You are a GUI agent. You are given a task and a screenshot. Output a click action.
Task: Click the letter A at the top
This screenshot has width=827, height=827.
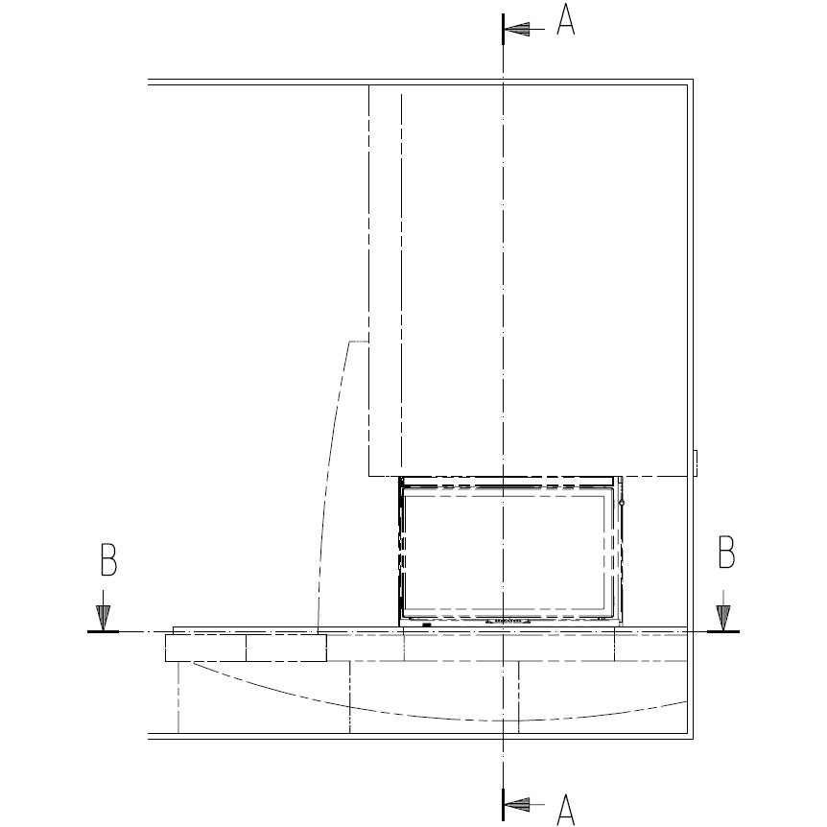click(x=566, y=19)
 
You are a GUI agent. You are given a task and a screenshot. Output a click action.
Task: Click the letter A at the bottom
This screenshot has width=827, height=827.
click(x=566, y=809)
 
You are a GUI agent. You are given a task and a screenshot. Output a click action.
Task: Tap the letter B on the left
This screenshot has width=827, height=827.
click(x=108, y=559)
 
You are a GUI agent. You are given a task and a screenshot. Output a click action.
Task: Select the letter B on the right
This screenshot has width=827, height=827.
click(x=727, y=553)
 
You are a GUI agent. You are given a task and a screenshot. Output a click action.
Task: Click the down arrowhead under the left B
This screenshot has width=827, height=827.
click(x=103, y=617)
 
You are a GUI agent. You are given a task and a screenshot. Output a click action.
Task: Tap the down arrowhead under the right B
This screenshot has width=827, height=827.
click(x=723, y=617)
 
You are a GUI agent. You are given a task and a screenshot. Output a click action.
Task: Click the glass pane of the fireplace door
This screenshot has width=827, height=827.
click(x=504, y=552)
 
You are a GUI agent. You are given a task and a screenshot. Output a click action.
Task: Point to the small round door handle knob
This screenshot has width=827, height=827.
click(x=622, y=503)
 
